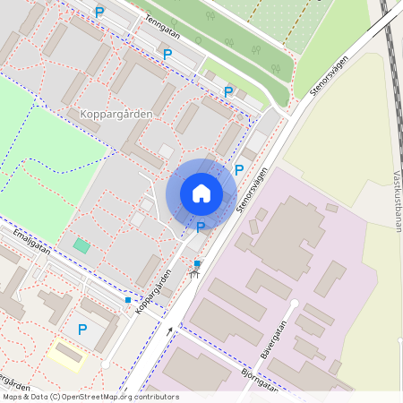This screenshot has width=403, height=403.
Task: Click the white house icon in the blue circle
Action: [201, 193]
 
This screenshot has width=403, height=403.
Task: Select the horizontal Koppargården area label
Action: [116, 115]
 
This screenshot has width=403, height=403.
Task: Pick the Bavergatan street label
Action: [280, 340]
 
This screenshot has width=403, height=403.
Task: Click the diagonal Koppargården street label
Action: [152, 293]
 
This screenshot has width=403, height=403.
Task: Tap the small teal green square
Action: [81, 245]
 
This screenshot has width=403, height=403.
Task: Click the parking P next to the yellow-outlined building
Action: [82, 330]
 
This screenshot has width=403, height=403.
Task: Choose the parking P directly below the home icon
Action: [201, 227]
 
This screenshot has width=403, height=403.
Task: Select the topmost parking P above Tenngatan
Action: [99, 12]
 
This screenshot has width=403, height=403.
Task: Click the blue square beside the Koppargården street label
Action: [128, 300]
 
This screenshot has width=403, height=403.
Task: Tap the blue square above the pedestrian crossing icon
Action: [196, 263]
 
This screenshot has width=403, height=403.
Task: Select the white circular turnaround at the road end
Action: [106, 364]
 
